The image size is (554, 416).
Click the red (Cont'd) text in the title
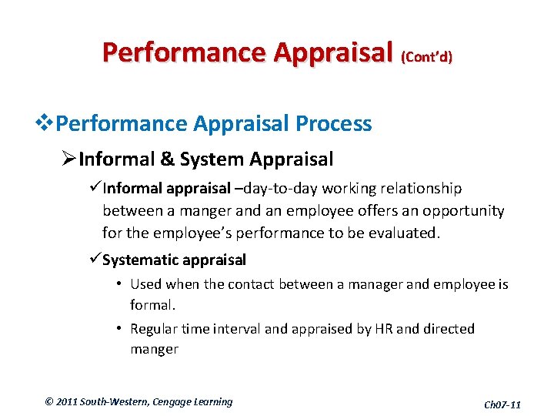tap(426, 57)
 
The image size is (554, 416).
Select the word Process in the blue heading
tap(335, 123)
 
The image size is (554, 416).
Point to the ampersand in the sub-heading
tap(168, 159)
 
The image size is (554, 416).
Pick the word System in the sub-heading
tap(202, 159)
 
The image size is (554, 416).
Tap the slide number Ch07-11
tap(502, 404)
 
